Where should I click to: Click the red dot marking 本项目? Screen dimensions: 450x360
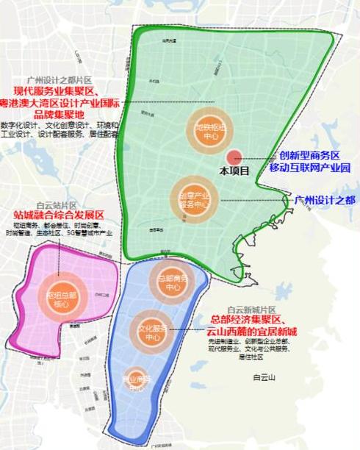[x=234, y=157]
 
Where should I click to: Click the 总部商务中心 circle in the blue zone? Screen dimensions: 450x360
[x=173, y=282]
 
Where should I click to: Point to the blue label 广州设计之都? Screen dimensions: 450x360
[x=324, y=199]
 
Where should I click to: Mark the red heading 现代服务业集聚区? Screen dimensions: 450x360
[x=61, y=90]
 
